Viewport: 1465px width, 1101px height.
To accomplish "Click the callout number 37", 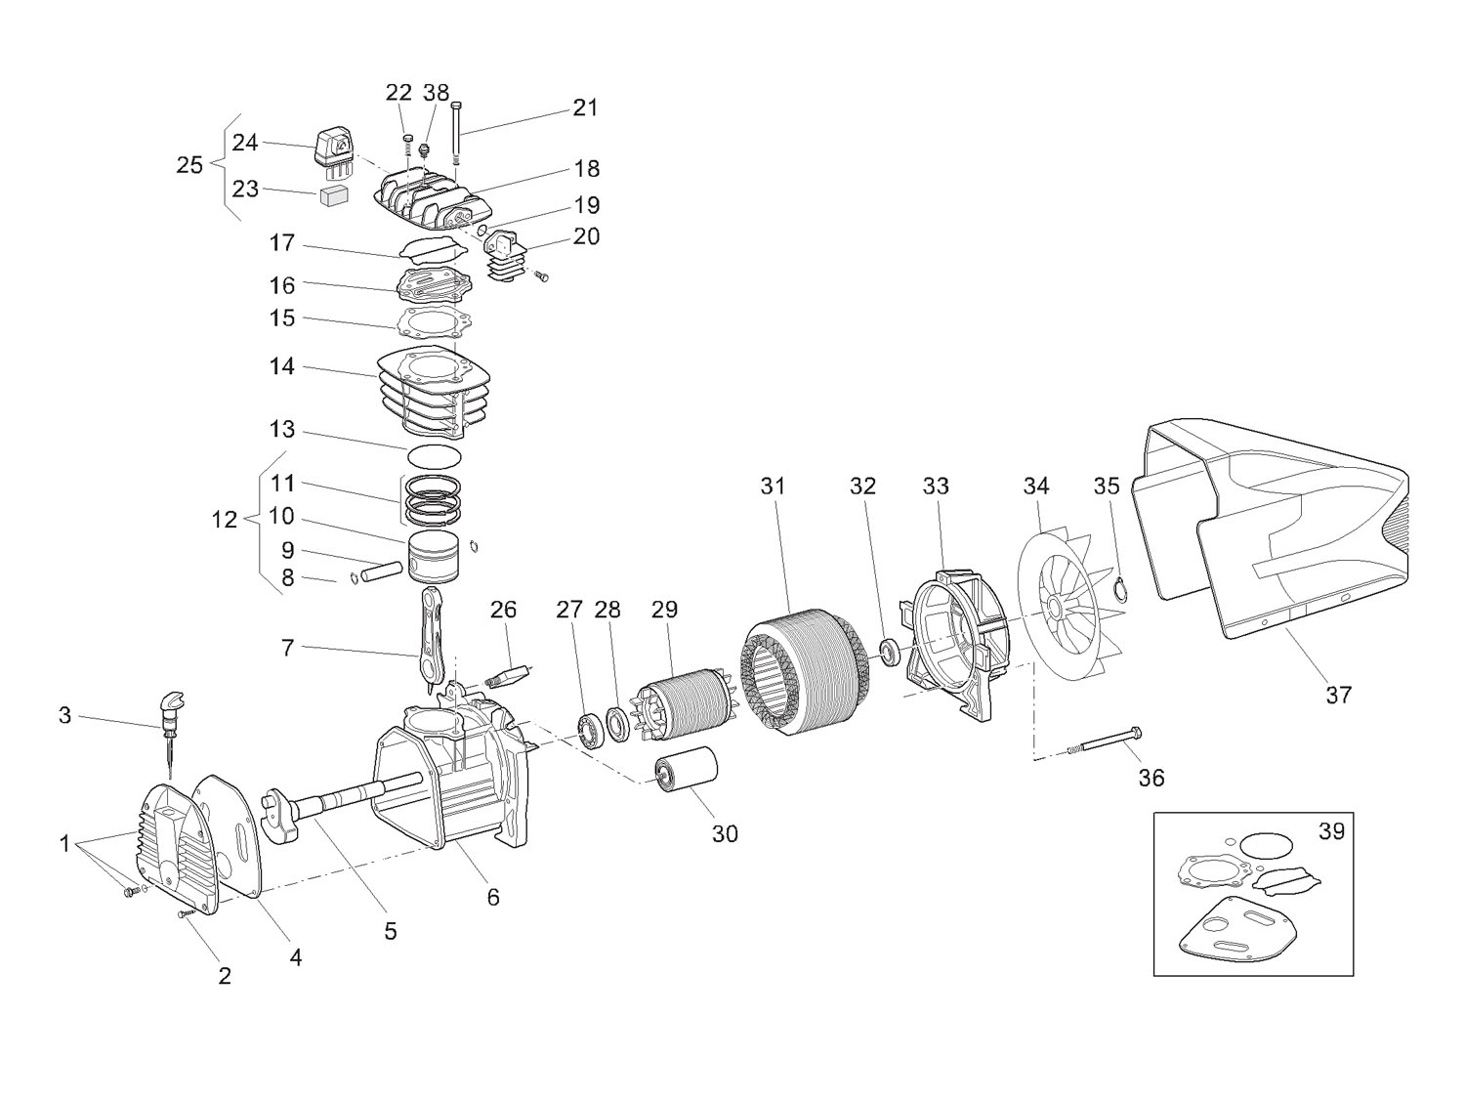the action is tap(1337, 695).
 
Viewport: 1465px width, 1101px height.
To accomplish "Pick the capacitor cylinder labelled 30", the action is tap(686, 771).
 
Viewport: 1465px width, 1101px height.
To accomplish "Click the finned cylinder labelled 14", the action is tap(434, 391).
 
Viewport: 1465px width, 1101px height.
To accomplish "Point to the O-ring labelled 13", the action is tap(435, 456).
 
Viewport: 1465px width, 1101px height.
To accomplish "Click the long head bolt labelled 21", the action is tap(456, 134).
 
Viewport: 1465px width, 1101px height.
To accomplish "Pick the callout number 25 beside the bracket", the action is tap(189, 164).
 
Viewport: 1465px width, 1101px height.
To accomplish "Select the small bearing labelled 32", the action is tap(890, 653).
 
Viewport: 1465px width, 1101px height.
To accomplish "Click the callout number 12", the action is tap(225, 519).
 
